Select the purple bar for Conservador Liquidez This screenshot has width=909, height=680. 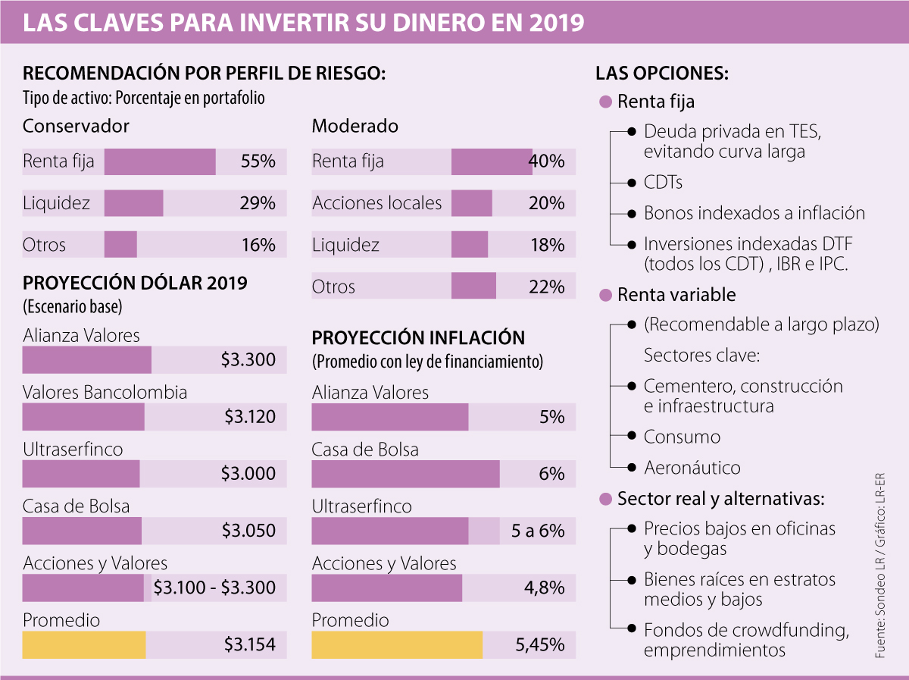tap(133, 203)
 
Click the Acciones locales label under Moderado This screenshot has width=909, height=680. tap(376, 203)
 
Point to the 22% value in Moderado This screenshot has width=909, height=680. tap(547, 287)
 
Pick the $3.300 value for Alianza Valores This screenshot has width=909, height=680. tap(248, 360)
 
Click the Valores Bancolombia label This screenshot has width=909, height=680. tap(105, 393)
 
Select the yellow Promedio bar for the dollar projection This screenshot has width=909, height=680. tap(84, 645)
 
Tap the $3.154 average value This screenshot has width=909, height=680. tap(250, 645)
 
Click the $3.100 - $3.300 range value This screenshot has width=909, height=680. tap(214, 588)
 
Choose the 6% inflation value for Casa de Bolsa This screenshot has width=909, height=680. tap(552, 474)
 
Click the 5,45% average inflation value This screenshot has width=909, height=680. tap(540, 645)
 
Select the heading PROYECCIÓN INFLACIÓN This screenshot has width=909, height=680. tap(418, 338)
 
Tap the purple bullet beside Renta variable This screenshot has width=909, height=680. tap(604, 294)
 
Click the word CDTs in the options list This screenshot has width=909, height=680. tap(664, 183)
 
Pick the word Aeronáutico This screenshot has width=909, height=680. tap(692, 468)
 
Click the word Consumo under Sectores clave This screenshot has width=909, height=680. tap(682, 437)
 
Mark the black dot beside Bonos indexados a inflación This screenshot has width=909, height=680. tap(633, 214)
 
